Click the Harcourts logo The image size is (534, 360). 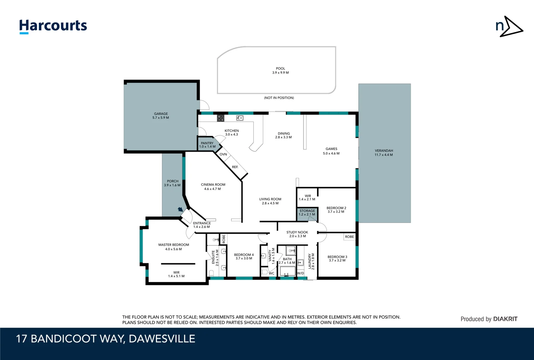click(x=53, y=26)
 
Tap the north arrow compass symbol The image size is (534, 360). click(x=509, y=26)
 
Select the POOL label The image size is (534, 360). click(x=280, y=68)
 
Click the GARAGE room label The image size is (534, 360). click(x=161, y=114)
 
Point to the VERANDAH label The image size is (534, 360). click(x=384, y=151)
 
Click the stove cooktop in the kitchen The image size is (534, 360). click(x=221, y=118)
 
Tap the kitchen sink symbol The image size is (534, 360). click(x=240, y=118)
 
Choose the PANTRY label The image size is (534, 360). click(x=207, y=143)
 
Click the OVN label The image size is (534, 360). click(x=223, y=154)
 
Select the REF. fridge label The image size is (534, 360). click(x=235, y=167)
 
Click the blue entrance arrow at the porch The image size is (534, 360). click(x=181, y=209)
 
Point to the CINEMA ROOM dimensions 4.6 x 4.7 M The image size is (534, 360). click(x=213, y=189)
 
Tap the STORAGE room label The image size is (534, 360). click(x=307, y=211)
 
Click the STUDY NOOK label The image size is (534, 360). click(x=297, y=232)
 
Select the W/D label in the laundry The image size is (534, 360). click(x=300, y=273)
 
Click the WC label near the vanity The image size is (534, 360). click(x=271, y=273)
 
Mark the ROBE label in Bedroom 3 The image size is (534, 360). click(x=349, y=237)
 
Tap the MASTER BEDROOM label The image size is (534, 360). click(x=174, y=245)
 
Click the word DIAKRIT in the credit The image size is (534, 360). click(x=505, y=319)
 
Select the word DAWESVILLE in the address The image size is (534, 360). click(x=162, y=339)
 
